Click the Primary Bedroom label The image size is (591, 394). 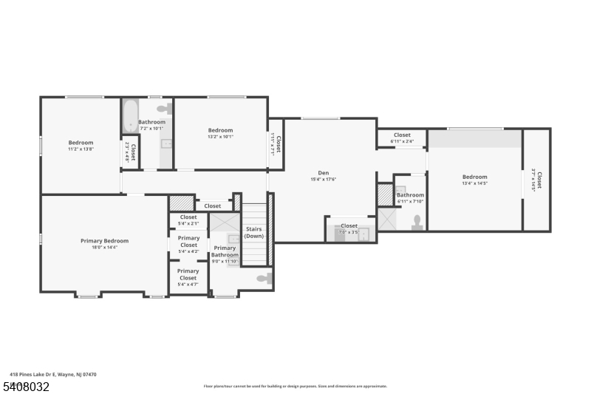104,241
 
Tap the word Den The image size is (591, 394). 324,172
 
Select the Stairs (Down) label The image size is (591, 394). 254,232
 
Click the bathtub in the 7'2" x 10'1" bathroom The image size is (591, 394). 130,115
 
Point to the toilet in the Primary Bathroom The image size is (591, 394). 264,278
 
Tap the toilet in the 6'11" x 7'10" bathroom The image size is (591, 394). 417,222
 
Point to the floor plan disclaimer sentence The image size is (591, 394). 295,386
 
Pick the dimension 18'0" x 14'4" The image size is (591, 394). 104,248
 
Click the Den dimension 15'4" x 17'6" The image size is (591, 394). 324,179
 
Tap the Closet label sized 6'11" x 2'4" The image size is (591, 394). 402,135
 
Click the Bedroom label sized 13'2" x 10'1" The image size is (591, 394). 220,130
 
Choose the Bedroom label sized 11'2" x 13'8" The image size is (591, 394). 81,142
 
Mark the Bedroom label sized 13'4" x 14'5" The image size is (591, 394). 475,177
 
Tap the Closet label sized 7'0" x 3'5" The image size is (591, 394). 349,226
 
